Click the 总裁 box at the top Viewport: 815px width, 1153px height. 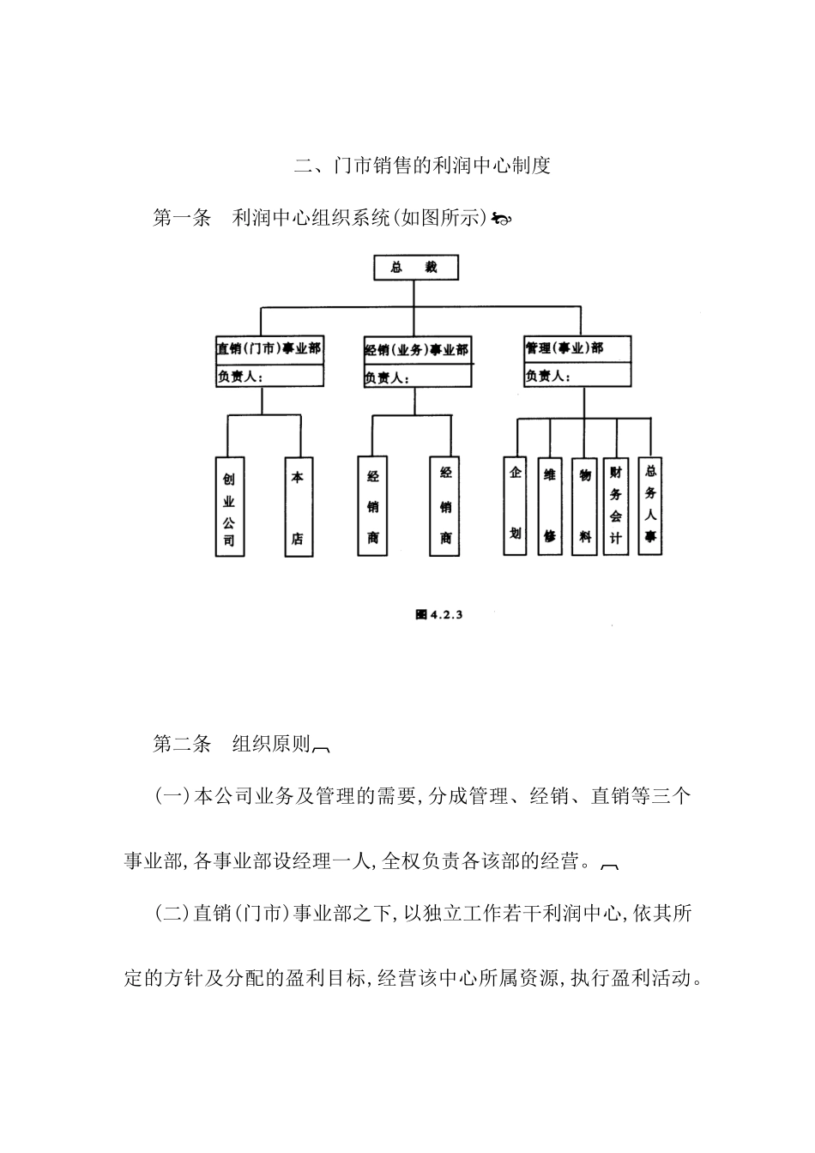click(x=415, y=267)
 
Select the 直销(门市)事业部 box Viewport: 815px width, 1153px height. click(x=269, y=349)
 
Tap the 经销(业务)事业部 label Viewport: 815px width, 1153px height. click(x=417, y=350)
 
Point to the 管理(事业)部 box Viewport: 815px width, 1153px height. click(x=577, y=348)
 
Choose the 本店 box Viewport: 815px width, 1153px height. click(x=298, y=507)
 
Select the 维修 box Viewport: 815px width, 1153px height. click(x=549, y=505)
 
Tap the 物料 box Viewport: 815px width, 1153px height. click(x=584, y=505)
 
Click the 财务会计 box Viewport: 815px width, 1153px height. click(x=616, y=505)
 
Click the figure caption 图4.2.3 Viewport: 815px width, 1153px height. click(x=438, y=614)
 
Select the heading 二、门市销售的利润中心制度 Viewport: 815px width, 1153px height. click(x=422, y=166)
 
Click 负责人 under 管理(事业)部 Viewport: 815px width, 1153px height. click(x=549, y=376)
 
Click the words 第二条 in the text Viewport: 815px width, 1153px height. click(x=182, y=744)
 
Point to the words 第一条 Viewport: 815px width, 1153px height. click(x=182, y=219)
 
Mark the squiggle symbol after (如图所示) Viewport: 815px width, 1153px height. click(x=502, y=220)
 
